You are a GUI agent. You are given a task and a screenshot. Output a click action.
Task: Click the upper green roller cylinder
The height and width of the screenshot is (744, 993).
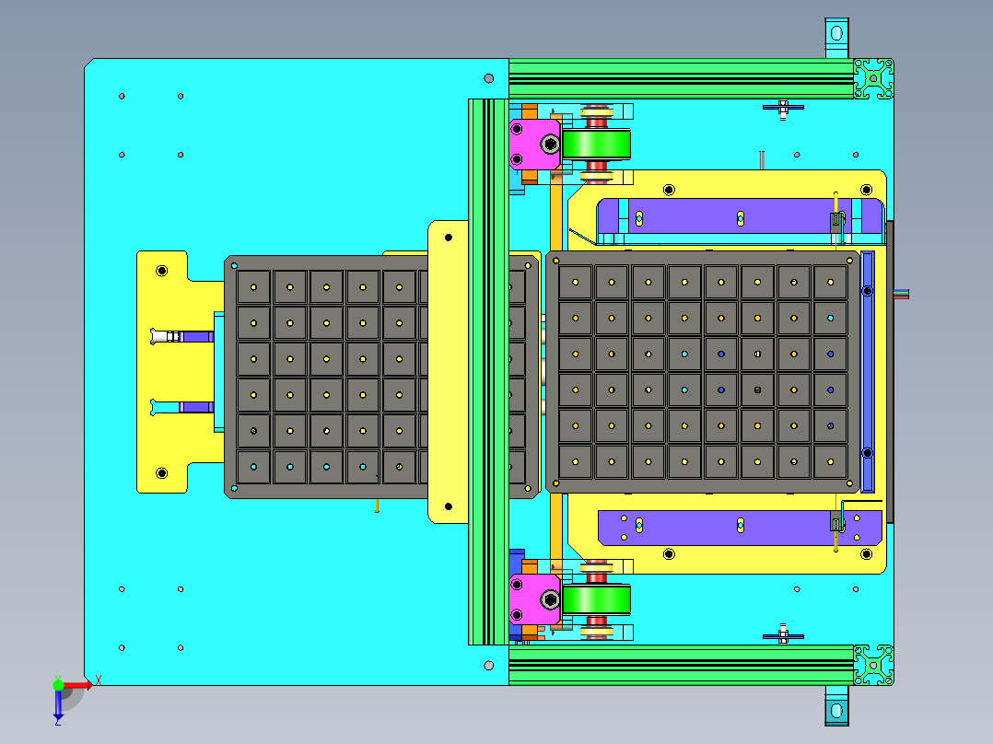[x=596, y=145]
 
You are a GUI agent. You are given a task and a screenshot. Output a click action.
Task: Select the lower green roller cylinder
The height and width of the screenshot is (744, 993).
[x=596, y=599]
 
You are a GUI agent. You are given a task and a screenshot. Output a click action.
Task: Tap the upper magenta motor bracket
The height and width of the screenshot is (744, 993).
[x=534, y=145]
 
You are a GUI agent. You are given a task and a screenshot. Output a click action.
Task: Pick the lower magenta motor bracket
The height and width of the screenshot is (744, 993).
[x=534, y=599]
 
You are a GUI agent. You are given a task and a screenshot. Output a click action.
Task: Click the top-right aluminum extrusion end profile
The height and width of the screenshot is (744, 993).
[x=873, y=78]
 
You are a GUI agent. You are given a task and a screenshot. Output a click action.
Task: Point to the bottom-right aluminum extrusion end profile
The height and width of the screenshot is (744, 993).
[x=873, y=665]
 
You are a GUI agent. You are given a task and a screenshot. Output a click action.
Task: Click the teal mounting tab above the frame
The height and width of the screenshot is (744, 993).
[x=836, y=38]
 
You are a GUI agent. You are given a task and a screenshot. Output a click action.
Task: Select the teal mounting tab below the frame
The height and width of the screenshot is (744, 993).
[x=836, y=705]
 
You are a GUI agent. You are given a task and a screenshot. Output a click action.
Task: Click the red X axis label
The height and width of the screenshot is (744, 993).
[x=99, y=681]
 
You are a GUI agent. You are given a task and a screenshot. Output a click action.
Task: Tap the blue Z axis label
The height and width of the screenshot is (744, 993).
[x=58, y=721]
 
